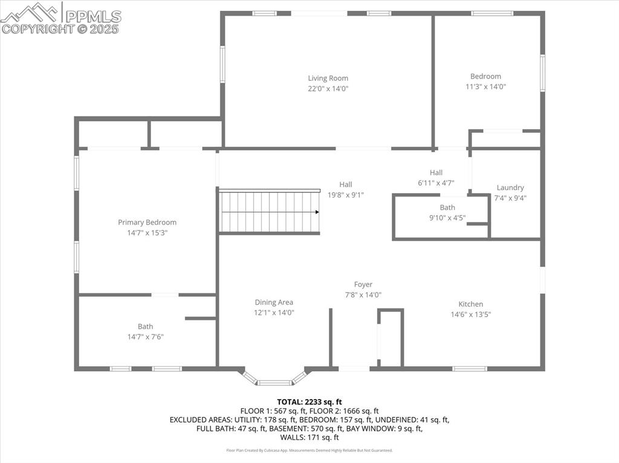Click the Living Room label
[x=328, y=78]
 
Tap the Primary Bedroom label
[x=147, y=222]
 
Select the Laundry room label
[x=510, y=188]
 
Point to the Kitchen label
[x=470, y=304]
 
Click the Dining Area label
[x=274, y=302]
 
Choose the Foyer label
[x=363, y=284]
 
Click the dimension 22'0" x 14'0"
[x=328, y=88]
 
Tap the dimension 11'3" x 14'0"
[x=485, y=86]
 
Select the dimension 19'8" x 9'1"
[x=345, y=194]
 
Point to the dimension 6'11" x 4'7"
[x=436, y=182]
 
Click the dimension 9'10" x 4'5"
[x=447, y=218]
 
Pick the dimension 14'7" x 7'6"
[x=145, y=337]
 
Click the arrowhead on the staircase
[x=317, y=212]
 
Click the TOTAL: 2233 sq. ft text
[x=309, y=401]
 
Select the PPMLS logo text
[x=92, y=16]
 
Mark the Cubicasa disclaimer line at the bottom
[x=309, y=450]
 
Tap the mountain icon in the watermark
[x=30, y=12]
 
